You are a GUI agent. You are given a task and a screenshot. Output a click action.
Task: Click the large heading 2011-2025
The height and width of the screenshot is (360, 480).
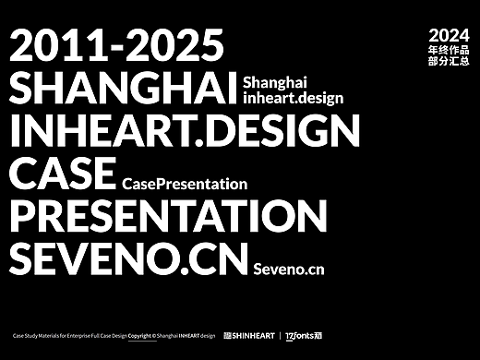point(116,45)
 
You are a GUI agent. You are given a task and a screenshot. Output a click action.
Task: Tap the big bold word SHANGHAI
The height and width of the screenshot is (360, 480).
point(121,88)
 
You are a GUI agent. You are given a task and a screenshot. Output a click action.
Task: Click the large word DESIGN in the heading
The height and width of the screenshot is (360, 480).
point(268,131)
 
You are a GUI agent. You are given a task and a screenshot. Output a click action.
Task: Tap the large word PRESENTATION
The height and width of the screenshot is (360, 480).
point(167,217)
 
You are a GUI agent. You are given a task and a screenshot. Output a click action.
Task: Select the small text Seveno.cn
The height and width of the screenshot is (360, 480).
point(289,270)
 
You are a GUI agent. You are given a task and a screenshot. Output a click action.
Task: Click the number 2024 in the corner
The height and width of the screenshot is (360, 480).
point(449,34)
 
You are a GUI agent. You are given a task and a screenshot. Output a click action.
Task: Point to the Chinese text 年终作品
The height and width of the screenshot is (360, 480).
point(449,49)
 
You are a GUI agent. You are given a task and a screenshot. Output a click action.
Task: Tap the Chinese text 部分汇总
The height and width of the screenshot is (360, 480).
point(449,62)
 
